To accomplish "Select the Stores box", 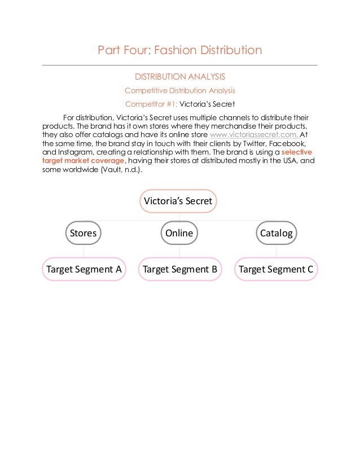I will [x=83, y=233].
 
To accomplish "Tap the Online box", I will [x=179, y=233].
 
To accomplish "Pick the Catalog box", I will [x=276, y=233].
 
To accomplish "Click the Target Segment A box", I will [x=84, y=269].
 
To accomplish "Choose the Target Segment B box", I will [x=180, y=269].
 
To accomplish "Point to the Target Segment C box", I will [x=276, y=269].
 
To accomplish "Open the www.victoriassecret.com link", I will [x=254, y=135].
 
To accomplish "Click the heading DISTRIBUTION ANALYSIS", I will [x=179, y=76].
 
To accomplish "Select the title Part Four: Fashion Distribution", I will [x=179, y=51].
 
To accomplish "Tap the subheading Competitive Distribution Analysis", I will [x=179, y=90].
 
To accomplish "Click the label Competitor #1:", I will [x=151, y=104].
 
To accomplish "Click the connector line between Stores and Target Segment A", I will [x=84, y=251].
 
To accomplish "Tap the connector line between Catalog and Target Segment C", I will [x=276, y=251].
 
